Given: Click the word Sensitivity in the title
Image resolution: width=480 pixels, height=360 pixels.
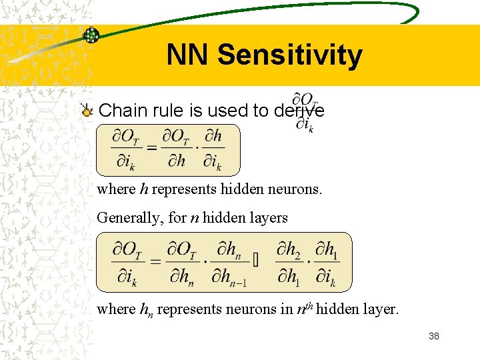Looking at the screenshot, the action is (x=289, y=55).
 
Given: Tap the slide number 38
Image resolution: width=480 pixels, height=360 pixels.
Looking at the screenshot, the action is (x=434, y=337).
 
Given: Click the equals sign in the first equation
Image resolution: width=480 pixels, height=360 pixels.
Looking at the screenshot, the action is (x=151, y=148).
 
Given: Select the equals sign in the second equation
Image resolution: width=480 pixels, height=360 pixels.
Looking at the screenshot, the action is (x=155, y=261).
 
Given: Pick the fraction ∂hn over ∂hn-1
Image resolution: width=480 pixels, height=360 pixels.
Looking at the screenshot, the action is (x=231, y=262).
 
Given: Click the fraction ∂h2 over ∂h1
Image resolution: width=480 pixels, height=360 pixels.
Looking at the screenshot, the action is (x=289, y=262).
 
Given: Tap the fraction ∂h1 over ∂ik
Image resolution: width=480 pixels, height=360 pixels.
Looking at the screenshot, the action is (x=325, y=262).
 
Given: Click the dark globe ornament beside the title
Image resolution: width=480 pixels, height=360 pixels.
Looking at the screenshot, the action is (x=91, y=35).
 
